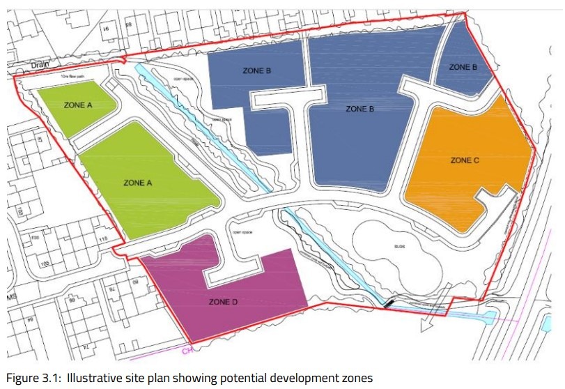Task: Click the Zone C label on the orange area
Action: (x=465, y=160)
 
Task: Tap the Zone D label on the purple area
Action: (x=223, y=302)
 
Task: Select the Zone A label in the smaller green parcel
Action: (x=78, y=105)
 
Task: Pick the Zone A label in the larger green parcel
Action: (x=137, y=183)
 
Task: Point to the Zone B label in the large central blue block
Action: (x=360, y=109)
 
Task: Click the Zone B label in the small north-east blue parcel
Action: (x=463, y=67)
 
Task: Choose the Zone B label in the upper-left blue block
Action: (x=256, y=70)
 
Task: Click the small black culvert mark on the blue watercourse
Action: (x=387, y=303)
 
